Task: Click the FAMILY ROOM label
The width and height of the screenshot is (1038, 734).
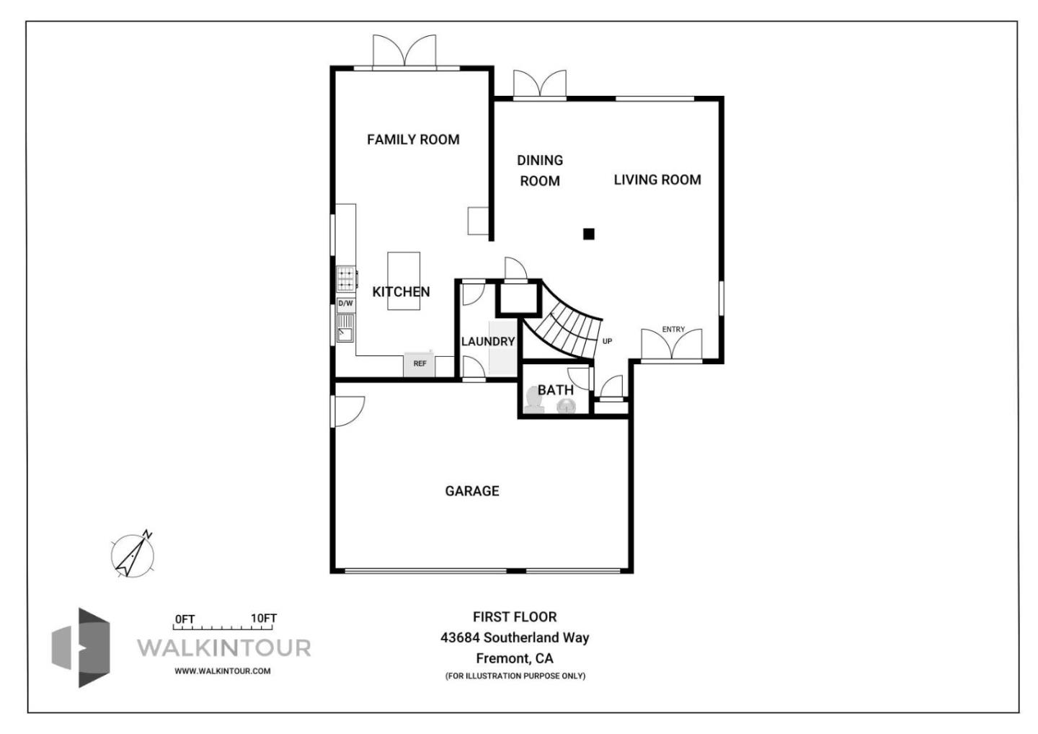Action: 413,140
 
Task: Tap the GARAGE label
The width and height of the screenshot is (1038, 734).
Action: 472,491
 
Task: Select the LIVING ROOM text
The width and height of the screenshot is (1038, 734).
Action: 657,180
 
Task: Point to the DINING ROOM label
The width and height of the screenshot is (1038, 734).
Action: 540,171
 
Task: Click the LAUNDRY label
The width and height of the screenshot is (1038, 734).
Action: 488,342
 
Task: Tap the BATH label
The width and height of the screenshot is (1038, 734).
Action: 556,390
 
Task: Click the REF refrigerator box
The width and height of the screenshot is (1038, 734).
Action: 420,364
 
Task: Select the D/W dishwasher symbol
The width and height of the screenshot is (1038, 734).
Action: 346,304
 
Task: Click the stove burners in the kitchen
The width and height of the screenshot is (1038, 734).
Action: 347,278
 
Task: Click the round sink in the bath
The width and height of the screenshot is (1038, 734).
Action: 566,407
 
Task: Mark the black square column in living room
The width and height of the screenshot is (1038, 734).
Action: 589,234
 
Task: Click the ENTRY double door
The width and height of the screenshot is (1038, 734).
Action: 672,345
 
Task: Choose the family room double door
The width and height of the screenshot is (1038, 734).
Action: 404,52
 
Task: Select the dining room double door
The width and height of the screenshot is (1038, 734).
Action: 540,84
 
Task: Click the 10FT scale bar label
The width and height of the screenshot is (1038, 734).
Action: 264,619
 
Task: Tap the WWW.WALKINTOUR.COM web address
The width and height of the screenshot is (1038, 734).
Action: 223,671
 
